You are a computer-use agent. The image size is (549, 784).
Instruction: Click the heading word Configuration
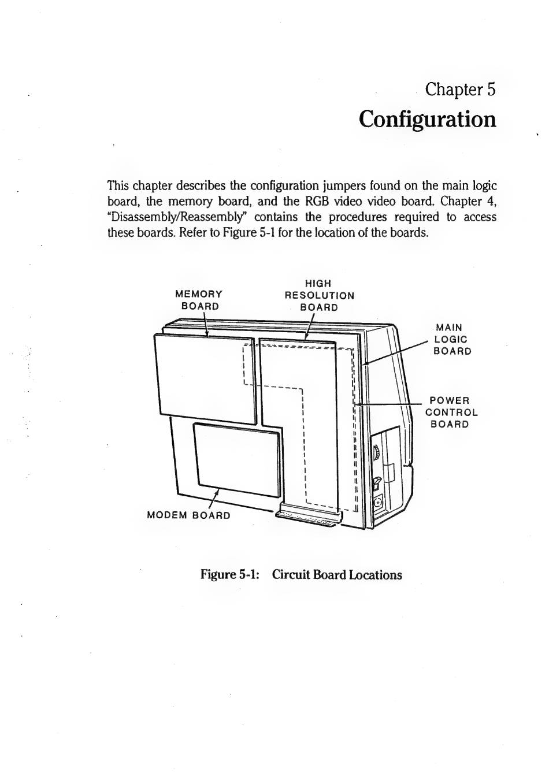(x=427, y=120)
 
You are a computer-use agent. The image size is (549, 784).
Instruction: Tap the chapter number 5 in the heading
(x=491, y=89)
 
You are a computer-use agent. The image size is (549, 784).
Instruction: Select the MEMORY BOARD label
(x=199, y=300)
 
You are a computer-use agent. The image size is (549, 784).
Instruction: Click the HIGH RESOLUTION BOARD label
(x=319, y=295)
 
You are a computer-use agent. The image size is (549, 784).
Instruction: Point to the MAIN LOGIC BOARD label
(x=452, y=339)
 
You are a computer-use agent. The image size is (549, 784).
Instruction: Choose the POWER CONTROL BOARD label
(x=451, y=412)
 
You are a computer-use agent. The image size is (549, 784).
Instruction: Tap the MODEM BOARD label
(x=188, y=515)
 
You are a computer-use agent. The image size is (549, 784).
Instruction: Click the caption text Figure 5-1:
(x=229, y=575)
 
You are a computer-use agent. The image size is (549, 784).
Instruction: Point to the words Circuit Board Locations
(x=337, y=575)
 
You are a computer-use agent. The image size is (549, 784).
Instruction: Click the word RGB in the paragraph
(x=317, y=201)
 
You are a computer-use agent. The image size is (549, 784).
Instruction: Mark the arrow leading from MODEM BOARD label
(x=214, y=498)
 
